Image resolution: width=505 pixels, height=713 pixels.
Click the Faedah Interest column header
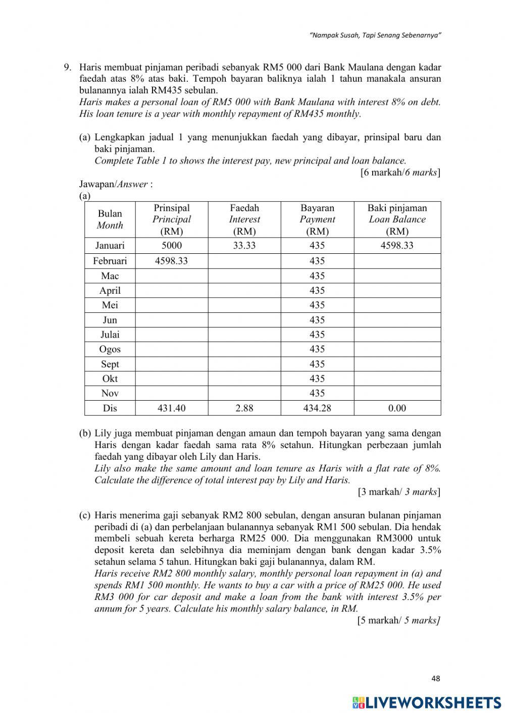click(x=244, y=220)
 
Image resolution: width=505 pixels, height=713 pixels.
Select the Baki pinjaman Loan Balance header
click(x=397, y=220)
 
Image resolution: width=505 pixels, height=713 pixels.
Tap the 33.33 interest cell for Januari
click(x=244, y=246)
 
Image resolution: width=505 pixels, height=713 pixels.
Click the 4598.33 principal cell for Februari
click(x=172, y=261)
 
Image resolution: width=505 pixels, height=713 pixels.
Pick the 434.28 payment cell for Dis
click(x=317, y=408)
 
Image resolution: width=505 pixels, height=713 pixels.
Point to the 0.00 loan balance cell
click(x=397, y=408)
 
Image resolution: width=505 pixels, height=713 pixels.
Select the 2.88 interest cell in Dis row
click(x=244, y=408)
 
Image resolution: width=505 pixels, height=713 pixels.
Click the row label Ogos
click(x=110, y=349)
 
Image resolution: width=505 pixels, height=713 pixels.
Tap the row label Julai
click(x=110, y=335)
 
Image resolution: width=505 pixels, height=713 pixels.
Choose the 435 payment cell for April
click(x=317, y=291)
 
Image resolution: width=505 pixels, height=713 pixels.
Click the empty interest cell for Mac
click(x=244, y=276)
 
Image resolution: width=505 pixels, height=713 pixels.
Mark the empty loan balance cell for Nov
click(x=397, y=394)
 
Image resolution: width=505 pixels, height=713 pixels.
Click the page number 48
click(x=436, y=679)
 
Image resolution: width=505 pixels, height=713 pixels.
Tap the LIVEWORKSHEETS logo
click(x=427, y=702)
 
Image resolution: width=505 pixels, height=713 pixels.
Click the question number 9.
click(x=67, y=67)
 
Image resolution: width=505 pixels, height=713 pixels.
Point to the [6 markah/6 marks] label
click(x=400, y=173)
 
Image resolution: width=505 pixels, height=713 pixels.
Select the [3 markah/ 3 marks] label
click(x=399, y=491)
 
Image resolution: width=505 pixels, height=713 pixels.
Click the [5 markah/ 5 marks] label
click(x=398, y=620)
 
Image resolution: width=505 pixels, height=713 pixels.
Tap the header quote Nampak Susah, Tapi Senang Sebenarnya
click(x=376, y=36)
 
